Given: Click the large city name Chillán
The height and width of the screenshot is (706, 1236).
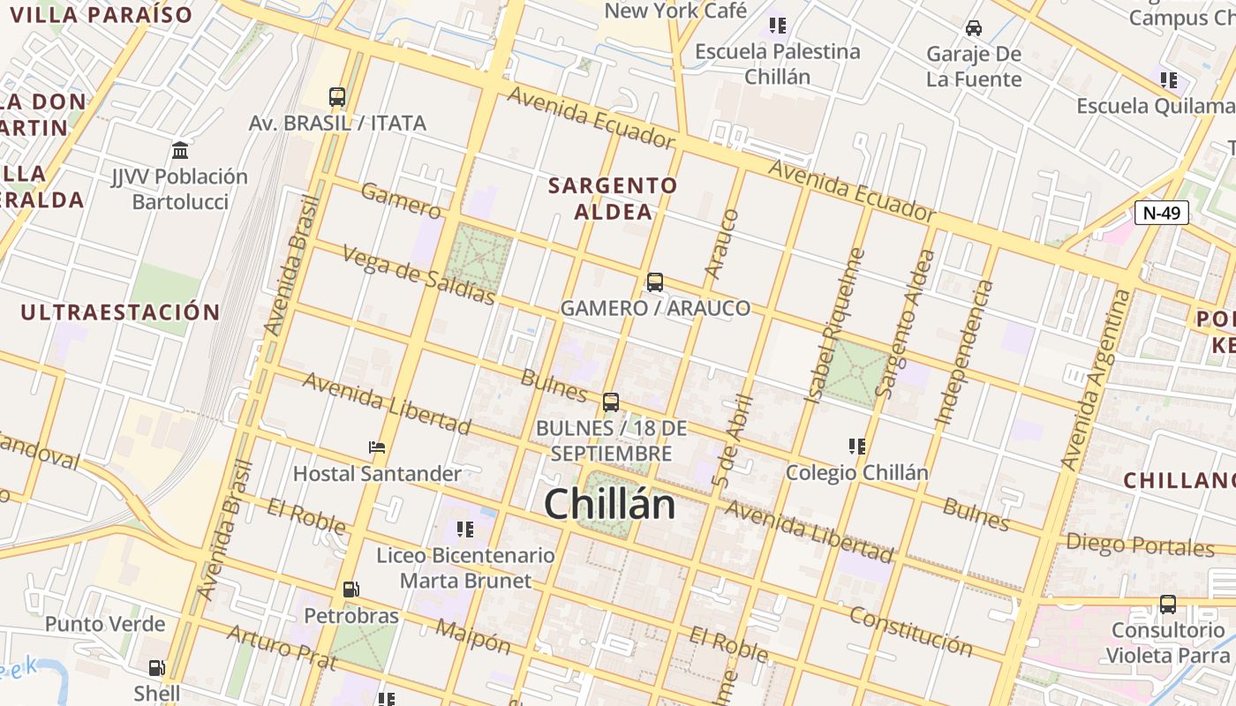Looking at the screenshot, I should (609, 505).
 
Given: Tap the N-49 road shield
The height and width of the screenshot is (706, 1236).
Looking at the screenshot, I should (1161, 213).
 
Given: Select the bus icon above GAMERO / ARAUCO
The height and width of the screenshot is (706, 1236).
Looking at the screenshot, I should (654, 282).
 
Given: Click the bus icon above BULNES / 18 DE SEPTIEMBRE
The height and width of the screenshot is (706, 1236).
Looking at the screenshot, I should (610, 402).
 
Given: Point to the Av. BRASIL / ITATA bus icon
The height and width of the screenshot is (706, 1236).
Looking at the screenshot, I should (336, 97).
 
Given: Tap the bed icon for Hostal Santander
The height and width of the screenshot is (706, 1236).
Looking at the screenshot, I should (377, 447).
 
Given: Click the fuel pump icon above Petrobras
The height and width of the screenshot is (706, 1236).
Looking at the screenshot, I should (350, 589).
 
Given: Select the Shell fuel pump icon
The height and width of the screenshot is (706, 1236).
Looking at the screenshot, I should (156, 668).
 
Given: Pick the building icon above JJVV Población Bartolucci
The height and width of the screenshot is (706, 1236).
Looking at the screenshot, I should (180, 150).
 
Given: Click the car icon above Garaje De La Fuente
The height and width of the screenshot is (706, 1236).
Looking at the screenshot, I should (973, 28).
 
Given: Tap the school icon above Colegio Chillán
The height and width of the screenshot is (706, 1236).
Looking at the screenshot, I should (856, 447).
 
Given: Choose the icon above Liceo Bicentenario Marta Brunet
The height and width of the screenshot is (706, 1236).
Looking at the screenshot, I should (465, 529).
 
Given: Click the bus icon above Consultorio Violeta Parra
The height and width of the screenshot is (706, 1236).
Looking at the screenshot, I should (1167, 605).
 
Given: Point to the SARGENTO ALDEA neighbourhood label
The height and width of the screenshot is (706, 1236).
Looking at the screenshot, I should (613, 199).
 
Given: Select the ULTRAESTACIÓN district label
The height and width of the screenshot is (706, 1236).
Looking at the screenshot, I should (120, 312).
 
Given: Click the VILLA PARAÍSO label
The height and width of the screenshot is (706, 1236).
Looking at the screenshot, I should (102, 15).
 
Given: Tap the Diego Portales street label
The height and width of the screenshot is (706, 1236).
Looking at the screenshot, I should (1140, 545).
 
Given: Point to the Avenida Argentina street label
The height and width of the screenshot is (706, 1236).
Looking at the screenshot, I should (1095, 379).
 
